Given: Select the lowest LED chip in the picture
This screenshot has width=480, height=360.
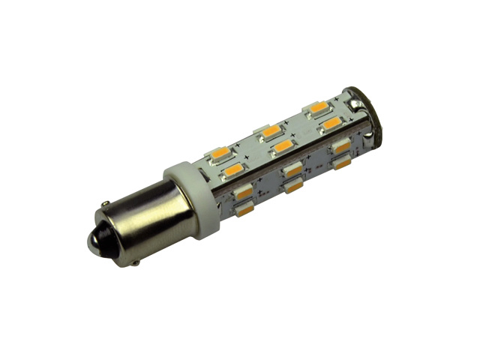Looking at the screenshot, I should pos(244,212).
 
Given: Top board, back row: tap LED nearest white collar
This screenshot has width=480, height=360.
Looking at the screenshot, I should pos(220,153).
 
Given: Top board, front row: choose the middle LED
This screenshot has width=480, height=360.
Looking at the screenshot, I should pos(283,145).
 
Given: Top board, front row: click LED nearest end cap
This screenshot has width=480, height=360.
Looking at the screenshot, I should pos(331,121).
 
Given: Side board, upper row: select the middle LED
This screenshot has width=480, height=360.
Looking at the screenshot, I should pos(292,169).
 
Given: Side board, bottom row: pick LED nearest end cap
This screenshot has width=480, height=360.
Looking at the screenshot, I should pos(343,161).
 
